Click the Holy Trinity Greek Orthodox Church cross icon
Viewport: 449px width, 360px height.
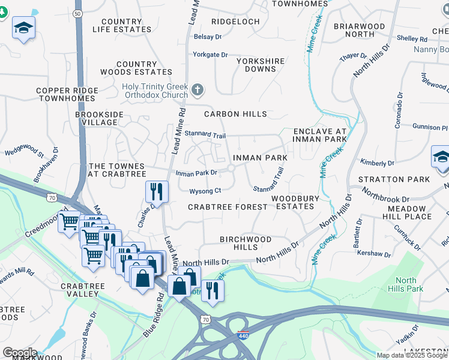tap(197, 91)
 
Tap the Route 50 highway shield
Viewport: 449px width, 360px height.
tap(77, 13)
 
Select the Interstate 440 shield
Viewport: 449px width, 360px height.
tap(243, 336)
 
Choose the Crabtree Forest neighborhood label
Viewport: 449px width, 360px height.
tap(228, 207)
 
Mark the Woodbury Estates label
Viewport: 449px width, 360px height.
tap(293, 202)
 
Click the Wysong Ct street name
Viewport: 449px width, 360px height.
tap(205, 191)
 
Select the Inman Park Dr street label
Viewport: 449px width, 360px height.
tap(196, 173)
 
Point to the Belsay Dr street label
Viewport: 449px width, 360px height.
tap(208, 37)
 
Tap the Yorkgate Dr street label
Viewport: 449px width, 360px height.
tap(209, 55)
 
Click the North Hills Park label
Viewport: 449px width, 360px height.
tap(406, 284)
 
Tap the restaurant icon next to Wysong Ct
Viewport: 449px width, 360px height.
tap(155, 192)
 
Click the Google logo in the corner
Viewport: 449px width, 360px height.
tap(20, 352)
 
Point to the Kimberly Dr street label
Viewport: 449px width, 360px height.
tap(377, 163)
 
